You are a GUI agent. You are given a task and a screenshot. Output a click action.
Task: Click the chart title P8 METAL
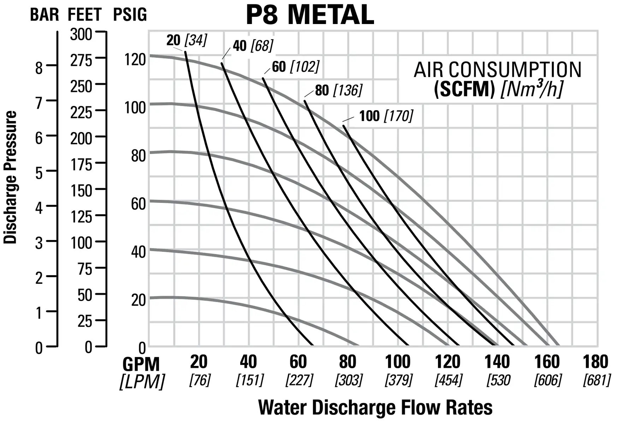coord(310,15)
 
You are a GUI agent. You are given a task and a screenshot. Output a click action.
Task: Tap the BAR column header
coord(44,15)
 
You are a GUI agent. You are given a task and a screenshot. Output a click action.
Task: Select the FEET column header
coord(84,15)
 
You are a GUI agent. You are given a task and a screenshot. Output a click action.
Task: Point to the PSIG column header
coord(130,15)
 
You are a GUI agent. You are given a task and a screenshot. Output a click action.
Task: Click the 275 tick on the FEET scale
coord(81,61)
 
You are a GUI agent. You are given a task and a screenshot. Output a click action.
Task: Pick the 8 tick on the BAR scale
coord(39,67)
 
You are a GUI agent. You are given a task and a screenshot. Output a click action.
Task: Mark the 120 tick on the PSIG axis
coord(135,60)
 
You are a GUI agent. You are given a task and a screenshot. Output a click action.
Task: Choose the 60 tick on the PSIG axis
coord(138,204)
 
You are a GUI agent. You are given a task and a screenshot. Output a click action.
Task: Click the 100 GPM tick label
coord(397,362)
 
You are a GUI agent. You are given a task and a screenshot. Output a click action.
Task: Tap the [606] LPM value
coord(547,380)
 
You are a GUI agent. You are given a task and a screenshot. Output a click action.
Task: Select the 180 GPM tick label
coord(595,362)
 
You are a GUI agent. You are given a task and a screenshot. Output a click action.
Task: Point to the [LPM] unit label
coord(142,382)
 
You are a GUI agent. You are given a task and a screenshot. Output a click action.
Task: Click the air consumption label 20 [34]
coord(186,40)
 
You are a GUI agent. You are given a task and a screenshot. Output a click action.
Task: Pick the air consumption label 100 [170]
coord(386,116)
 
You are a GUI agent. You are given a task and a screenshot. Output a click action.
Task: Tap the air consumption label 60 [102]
coord(295,67)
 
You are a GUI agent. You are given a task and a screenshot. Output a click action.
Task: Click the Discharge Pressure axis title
coord(10,177)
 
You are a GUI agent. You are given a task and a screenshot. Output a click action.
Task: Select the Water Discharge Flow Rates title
coord(375,408)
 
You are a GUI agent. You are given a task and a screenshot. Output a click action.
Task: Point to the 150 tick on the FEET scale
coord(81,191)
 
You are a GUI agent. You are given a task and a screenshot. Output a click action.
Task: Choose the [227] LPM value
coord(299,380)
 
